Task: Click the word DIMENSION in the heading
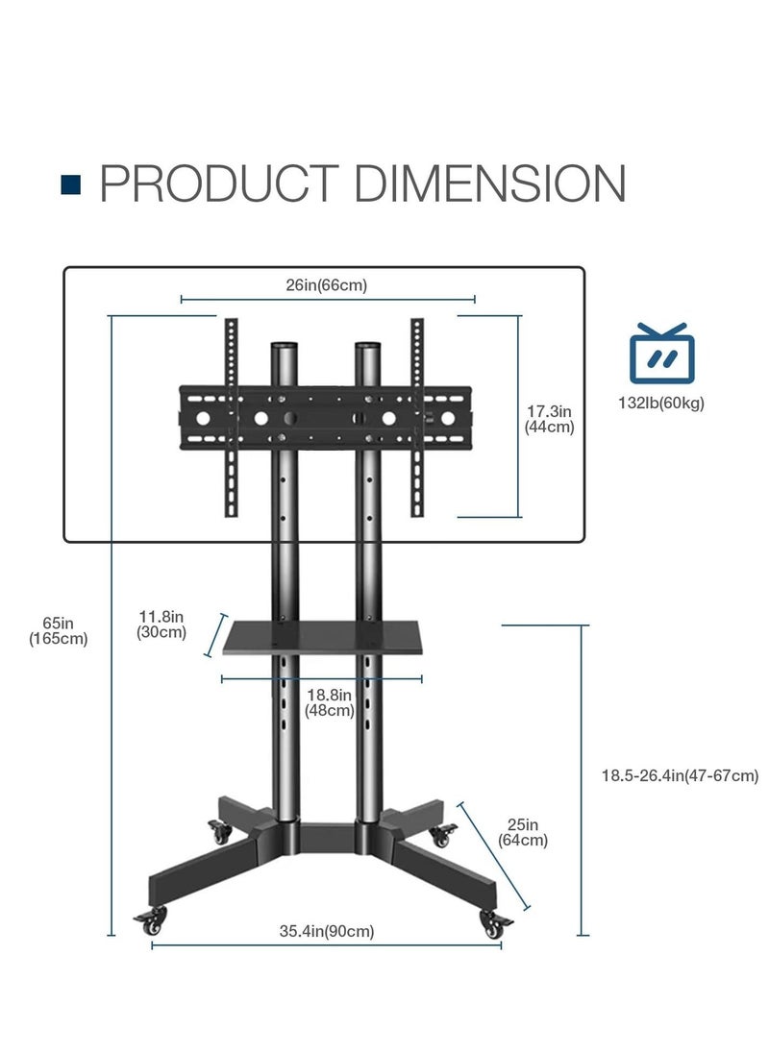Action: point(490,183)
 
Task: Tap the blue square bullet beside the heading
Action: point(70,184)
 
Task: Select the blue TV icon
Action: point(661,354)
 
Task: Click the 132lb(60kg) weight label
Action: point(661,404)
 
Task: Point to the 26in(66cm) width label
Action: point(327,285)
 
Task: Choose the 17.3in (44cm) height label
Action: point(550,419)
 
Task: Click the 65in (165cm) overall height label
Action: point(59,631)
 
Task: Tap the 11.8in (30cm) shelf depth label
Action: point(161,624)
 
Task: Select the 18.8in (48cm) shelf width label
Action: point(329,702)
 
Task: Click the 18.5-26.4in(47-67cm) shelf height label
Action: point(680,775)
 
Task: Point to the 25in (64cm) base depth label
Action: point(523,832)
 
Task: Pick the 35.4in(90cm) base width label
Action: point(327,931)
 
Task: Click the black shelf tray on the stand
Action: point(323,637)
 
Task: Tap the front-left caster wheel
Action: point(152,920)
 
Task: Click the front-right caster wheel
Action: point(495,924)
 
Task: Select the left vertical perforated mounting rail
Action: point(231,418)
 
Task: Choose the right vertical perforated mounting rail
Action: point(417,418)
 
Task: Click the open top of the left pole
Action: point(285,346)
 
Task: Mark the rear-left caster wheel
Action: point(219,833)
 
